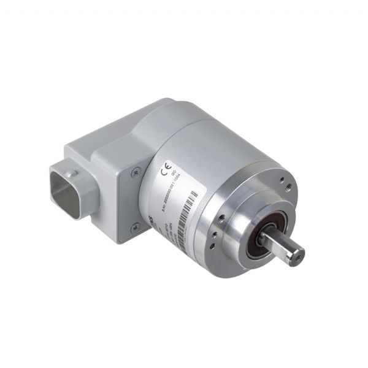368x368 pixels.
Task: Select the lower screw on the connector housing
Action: [135, 227]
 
